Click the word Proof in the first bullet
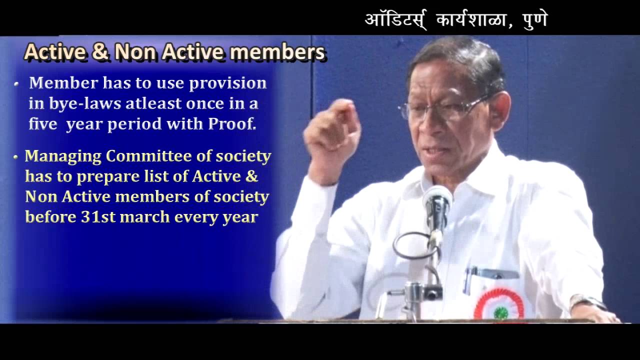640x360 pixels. [x=232, y=124]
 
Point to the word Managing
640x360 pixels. [x=63, y=156]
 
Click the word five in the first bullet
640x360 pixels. [x=42, y=124]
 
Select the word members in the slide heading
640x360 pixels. [x=280, y=52]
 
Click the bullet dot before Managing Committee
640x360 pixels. [x=16, y=157]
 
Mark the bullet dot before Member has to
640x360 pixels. [x=16, y=84]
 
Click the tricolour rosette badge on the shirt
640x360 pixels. [x=498, y=304]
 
